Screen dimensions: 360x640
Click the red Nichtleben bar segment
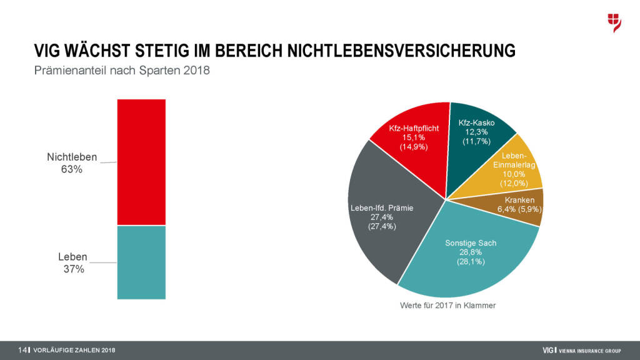coord(141,162)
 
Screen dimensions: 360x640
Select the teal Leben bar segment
coord(141,262)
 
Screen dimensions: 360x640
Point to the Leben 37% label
coord(72,262)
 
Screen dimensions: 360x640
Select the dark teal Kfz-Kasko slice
coord(478,134)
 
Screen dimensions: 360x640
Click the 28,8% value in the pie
coord(470,252)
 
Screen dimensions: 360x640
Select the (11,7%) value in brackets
coord(476,142)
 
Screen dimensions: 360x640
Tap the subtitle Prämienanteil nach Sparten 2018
coord(122,71)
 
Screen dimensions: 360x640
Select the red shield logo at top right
coord(614,22)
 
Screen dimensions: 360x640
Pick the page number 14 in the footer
coord(22,350)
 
